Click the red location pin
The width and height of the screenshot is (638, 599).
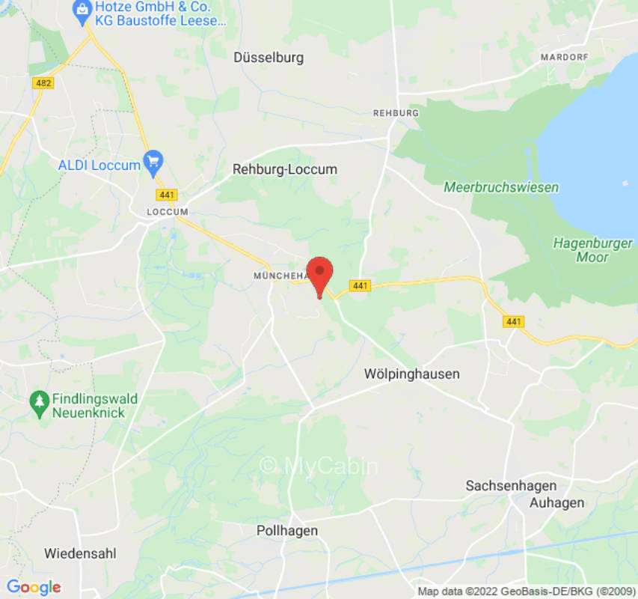(x=320, y=274)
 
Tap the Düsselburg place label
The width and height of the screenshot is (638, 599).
(x=269, y=57)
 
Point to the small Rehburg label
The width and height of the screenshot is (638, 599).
(x=396, y=112)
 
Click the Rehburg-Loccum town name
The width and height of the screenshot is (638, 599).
(x=284, y=169)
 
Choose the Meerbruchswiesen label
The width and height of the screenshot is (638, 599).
(x=501, y=187)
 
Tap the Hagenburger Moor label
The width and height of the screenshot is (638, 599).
(x=592, y=250)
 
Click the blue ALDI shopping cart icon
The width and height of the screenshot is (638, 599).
(x=153, y=159)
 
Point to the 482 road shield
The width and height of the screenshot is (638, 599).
(x=43, y=83)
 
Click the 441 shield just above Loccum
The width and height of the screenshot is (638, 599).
(x=167, y=195)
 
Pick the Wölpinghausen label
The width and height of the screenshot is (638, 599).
(x=411, y=374)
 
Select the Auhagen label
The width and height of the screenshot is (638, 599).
(x=556, y=502)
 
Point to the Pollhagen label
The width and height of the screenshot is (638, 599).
(x=287, y=530)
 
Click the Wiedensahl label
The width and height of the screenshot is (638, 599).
(x=80, y=554)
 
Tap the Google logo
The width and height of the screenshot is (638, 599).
(x=33, y=587)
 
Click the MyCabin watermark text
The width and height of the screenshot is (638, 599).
(x=319, y=466)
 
